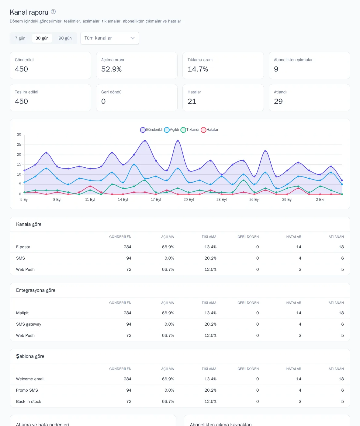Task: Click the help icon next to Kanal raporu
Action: point(53,12)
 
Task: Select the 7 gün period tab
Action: point(20,38)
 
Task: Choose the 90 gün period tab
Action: point(65,38)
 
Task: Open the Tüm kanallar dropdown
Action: point(109,38)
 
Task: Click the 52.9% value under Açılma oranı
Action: point(111,69)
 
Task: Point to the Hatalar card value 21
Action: point(192,101)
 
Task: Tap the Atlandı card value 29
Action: point(278,101)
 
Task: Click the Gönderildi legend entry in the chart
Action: point(151,130)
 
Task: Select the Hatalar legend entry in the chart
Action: point(209,130)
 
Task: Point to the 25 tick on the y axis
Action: point(19,145)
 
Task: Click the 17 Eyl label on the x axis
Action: point(156,200)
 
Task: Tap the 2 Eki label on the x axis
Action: point(320,200)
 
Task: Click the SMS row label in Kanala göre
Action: point(20,258)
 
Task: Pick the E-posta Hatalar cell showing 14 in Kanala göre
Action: point(299,247)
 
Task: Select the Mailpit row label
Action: point(22,313)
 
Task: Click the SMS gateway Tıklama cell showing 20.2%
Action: point(210,324)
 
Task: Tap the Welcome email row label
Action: point(30,379)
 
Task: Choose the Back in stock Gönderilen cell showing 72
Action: point(129,401)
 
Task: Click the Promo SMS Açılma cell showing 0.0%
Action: point(169,390)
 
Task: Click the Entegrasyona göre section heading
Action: point(36,290)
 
